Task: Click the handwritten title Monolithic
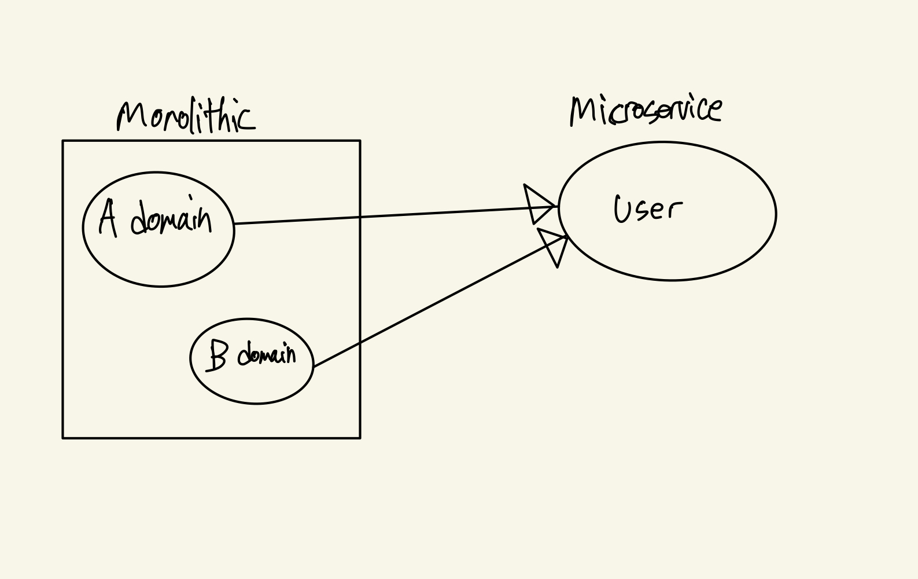[186, 118]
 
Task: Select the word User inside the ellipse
[648, 209]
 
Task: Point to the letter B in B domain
[217, 355]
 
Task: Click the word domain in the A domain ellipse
[171, 219]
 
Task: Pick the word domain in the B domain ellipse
[267, 354]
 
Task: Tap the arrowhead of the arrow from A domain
[539, 204]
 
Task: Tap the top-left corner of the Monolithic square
[63, 141]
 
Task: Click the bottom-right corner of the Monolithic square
[360, 438]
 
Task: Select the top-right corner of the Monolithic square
[360, 141]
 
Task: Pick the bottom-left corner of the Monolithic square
[63, 438]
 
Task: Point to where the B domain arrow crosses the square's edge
[360, 343]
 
